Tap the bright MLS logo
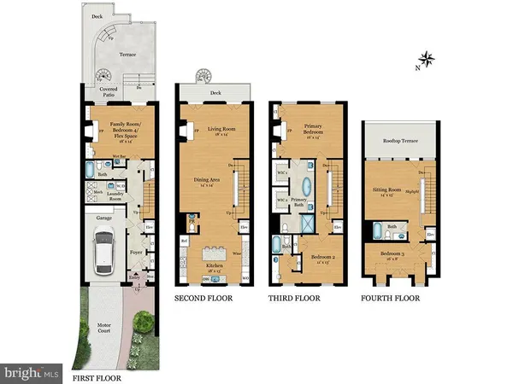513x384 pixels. click(32, 373)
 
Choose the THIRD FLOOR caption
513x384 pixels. click(296, 299)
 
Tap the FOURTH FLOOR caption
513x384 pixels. click(394, 299)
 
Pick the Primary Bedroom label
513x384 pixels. click(312, 130)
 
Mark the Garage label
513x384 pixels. click(104, 218)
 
